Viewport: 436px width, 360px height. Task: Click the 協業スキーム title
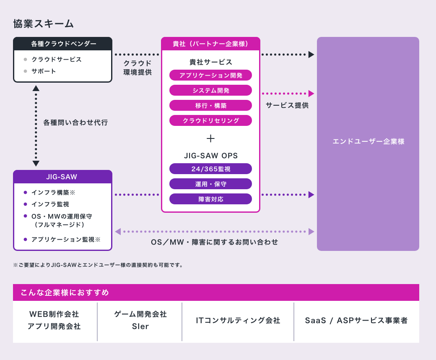click(44, 24)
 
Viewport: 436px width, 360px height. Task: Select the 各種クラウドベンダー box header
click(63, 44)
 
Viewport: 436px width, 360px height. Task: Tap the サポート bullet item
click(44, 71)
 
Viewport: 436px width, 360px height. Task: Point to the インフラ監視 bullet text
click(50, 204)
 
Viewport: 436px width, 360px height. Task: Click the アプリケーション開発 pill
click(210, 75)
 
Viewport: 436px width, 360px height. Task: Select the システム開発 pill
click(210, 90)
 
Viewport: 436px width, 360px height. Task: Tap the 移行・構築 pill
click(210, 105)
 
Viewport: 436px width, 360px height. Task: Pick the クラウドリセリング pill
click(210, 120)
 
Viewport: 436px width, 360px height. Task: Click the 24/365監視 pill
click(210, 169)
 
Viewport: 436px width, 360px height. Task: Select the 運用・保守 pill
click(210, 184)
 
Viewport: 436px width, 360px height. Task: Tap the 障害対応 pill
click(210, 199)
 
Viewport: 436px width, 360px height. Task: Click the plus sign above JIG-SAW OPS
click(210, 138)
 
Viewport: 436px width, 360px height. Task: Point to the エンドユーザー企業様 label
click(368, 141)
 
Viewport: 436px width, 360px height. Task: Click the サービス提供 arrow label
click(287, 105)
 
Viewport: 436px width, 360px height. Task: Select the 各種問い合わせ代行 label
click(75, 123)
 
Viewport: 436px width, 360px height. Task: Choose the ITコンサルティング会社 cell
click(238, 321)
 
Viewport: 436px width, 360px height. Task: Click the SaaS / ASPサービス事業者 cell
click(356, 321)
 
